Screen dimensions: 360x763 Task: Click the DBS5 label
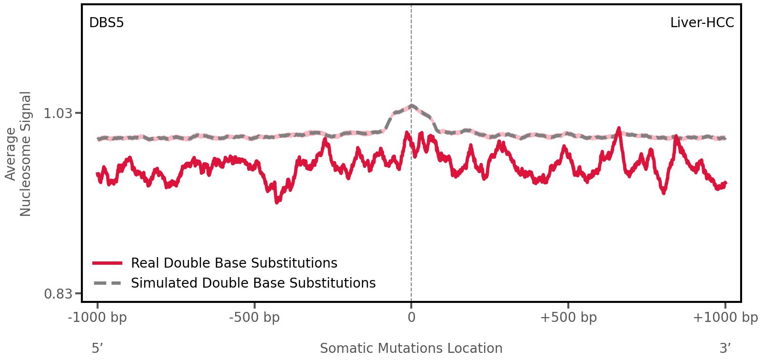tap(106, 22)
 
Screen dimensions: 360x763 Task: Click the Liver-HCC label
tap(702, 22)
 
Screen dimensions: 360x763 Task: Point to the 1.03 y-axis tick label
tap(58, 113)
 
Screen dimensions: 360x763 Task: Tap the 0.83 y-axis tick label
tap(58, 293)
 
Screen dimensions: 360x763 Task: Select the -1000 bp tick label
tap(98, 317)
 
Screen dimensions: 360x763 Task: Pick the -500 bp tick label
tap(254, 317)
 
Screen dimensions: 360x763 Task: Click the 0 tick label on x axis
tap(411, 317)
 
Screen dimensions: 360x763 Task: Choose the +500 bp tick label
tap(568, 317)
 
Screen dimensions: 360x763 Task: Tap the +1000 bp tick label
tap(724, 317)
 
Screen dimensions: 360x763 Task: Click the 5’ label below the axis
tap(97, 348)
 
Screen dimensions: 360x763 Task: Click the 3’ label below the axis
tap(725, 348)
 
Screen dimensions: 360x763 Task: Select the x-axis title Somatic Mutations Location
tap(411, 348)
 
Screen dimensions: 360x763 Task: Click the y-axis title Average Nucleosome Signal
tap(19, 154)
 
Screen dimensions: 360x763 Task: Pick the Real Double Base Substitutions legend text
tap(234, 263)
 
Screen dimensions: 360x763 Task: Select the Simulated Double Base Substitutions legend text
tap(253, 283)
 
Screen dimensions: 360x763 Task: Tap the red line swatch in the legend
tap(108, 263)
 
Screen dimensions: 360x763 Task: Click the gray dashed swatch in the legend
tap(108, 283)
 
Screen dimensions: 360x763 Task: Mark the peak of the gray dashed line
tap(411, 105)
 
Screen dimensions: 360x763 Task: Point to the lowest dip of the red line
tap(277, 202)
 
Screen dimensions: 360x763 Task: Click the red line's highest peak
tap(618, 128)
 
